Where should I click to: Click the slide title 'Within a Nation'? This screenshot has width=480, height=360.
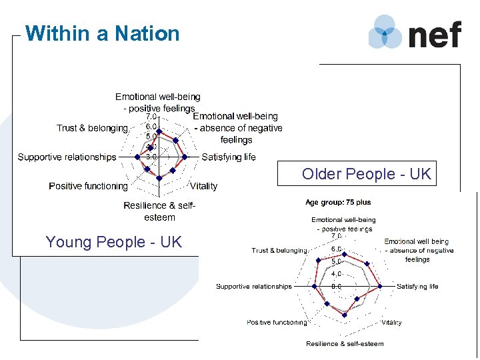pyautogui.click(x=102, y=33)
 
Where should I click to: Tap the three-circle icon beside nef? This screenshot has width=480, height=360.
pyautogui.click(x=385, y=32)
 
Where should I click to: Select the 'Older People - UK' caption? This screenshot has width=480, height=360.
pyautogui.click(x=367, y=174)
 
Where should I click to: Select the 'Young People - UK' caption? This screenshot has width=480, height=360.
pyautogui.click(x=113, y=242)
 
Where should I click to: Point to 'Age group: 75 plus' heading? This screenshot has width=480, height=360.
pyautogui.click(x=338, y=202)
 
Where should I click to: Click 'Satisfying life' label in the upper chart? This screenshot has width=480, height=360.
pyautogui.click(x=229, y=157)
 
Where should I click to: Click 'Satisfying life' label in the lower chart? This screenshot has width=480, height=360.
pyautogui.click(x=417, y=287)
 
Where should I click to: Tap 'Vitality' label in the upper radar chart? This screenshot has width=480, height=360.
pyautogui.click(x=203, y=186)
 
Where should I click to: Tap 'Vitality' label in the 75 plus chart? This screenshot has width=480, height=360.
pyautogui.click(x=391, y=323)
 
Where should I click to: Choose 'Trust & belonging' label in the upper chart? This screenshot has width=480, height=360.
pyautogui.click(x=92, y=128)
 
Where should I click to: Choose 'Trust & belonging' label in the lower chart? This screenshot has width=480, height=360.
pyautogui.click(x=279, y=251)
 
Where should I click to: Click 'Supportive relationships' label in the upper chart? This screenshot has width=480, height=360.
pyautogui.click(x=67, y=157)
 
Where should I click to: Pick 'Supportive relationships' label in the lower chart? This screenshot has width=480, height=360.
pyautogui.click(x=254, y=287)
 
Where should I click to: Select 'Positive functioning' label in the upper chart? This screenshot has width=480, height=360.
pyautogui.click(x=88, y=186)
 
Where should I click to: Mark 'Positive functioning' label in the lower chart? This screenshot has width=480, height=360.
pyautogui.click(x=277, y=323)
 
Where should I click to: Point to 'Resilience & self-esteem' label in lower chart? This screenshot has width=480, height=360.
pyautogui.click(x=345, y=344)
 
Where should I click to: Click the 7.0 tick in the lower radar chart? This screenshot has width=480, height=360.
pyautogui.click(x=337, y=236)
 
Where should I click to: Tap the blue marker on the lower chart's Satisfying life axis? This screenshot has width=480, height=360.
pyautogui.click(x=380, y=287)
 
